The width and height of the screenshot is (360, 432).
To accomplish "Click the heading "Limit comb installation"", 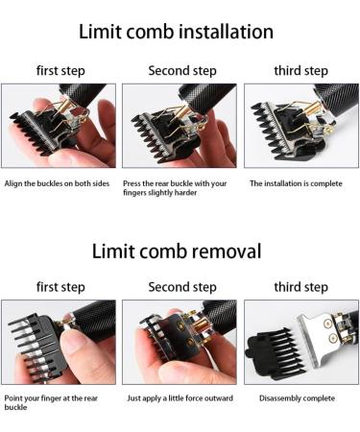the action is [x=176, y=32].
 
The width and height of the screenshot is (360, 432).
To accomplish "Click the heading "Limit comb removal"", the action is [x=177, y=251].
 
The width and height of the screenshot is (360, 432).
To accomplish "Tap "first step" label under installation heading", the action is [x=60, y=71].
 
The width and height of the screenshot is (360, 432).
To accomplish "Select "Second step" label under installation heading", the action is [x=182, y=71].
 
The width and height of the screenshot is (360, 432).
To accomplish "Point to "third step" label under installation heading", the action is [x=300, y=71].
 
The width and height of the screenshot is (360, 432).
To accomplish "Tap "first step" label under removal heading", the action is [x=60, y=287].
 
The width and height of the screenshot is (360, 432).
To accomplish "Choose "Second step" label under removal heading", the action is [x=182, y=287].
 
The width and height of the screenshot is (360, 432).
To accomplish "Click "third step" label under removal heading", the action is [x=300, y=287].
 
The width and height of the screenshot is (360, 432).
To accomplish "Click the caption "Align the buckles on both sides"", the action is [x=57, y=183].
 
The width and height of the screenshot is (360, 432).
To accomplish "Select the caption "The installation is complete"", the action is [x=296, y=183].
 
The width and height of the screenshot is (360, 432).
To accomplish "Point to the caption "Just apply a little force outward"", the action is [x=180, y=398].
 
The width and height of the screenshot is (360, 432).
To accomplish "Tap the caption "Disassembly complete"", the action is [x=297, y=398].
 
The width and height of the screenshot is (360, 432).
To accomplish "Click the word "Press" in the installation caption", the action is [x=132, y=183].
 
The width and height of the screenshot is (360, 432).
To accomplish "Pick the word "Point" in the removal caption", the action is [x=13, y=398].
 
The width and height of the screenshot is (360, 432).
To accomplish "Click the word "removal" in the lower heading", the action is [x=225, y=251].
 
